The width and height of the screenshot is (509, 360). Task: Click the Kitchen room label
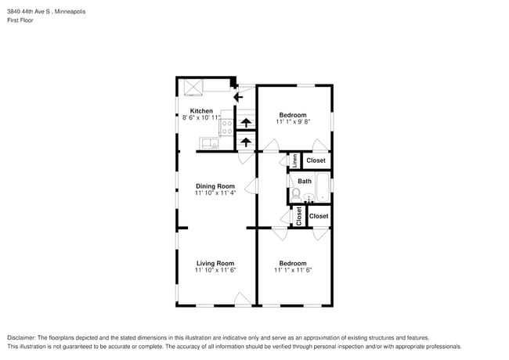(201, 111)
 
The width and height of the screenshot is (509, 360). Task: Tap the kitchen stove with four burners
(227, 125)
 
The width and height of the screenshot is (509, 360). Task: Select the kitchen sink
(210, 142)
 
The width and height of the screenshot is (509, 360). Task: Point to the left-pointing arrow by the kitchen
(239, 98)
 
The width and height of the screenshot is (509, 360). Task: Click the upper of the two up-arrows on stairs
(246, 122)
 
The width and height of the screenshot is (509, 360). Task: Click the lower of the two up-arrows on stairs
(246, 142)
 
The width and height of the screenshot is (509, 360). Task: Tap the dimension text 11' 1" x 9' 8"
(293, 122)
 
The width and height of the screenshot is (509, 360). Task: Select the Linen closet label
(294, 160)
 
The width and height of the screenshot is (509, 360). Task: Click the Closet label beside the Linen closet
(316, 160)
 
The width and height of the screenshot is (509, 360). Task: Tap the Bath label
(305, 182)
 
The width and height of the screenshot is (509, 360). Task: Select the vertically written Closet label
(298, 216)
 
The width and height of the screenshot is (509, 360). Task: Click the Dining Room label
(215, 186)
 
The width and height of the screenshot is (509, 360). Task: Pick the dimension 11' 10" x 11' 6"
(215, 271)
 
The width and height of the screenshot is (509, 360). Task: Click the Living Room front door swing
(244, 298)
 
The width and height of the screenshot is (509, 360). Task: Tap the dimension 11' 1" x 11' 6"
(293, 271)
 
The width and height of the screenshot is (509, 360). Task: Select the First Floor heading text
(21, 20)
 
